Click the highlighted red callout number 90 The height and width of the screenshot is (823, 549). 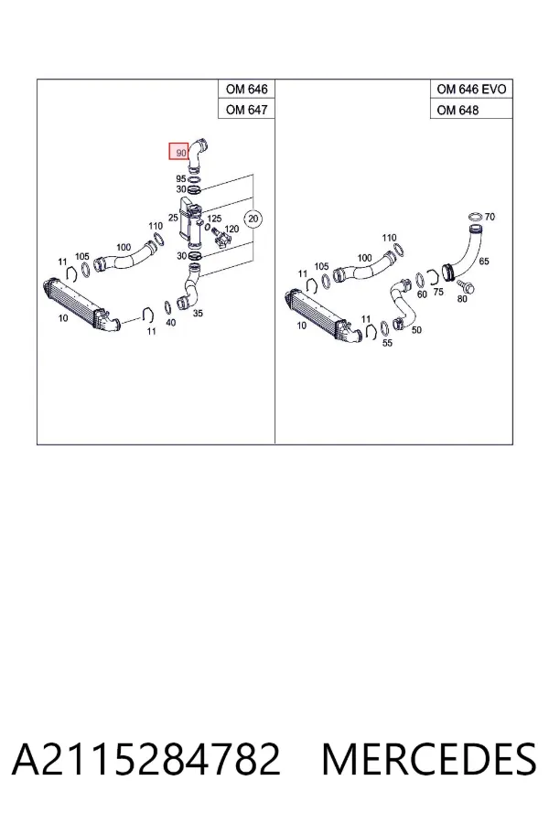[178, 151]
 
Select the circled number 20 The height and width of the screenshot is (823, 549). [253, 218]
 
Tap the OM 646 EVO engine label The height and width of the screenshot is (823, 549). [471, 90]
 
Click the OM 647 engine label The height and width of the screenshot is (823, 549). [246, 109]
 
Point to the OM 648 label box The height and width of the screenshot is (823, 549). [471, 109]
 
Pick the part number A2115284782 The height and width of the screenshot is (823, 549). [146, 759]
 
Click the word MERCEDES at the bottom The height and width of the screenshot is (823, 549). [429, 759]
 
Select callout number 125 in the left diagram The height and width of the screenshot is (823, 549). [214, 219]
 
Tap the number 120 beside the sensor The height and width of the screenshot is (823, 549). [231, 229]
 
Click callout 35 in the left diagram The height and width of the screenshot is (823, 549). [198, 314]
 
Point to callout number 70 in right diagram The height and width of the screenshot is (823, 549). [490, 216]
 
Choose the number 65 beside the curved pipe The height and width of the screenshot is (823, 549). [484, 261]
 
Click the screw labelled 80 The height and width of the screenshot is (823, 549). [466, 287]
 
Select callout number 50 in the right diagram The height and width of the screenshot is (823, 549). [416, 329]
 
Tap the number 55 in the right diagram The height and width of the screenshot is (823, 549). [387, 343]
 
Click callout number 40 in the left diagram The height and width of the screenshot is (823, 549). [171, 322]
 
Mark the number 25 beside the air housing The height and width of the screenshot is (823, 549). [173, 218]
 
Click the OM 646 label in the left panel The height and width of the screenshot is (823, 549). [246, 90]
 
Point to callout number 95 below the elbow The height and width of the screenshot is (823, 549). [181, 179]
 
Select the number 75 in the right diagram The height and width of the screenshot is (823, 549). [438, 292]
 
